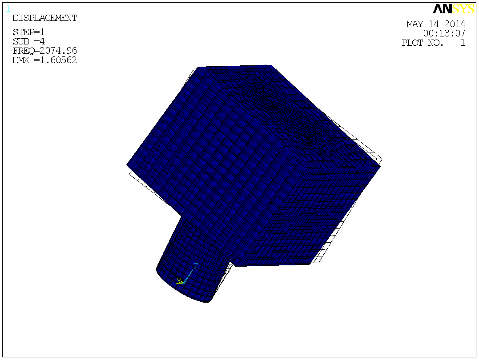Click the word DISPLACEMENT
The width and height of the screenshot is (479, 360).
click(44, 18)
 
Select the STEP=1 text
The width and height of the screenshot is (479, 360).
click(28, 32)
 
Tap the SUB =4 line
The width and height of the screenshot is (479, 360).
click(28, 41)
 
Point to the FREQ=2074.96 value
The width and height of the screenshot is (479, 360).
click(44, 51)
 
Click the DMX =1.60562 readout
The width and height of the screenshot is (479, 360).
click(44, 60)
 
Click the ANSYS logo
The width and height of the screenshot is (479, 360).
click(453, 9)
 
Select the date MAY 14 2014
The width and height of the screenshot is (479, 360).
click(436, 24)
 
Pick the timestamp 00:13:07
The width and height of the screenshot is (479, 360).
click(444, 33)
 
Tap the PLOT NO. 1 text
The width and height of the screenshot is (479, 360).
click(433, 43)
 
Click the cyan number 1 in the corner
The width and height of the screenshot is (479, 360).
click(8, 9)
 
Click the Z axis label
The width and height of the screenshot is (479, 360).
click(196, 266)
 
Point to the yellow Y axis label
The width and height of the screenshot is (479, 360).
click(179, 280)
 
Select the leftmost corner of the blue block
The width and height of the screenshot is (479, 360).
click(127, 165)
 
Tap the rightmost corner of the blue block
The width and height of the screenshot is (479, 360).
click(381, 167)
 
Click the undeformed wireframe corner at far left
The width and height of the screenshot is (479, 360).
click(129, 173)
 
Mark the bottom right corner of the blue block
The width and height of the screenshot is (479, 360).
click(310, 264)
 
